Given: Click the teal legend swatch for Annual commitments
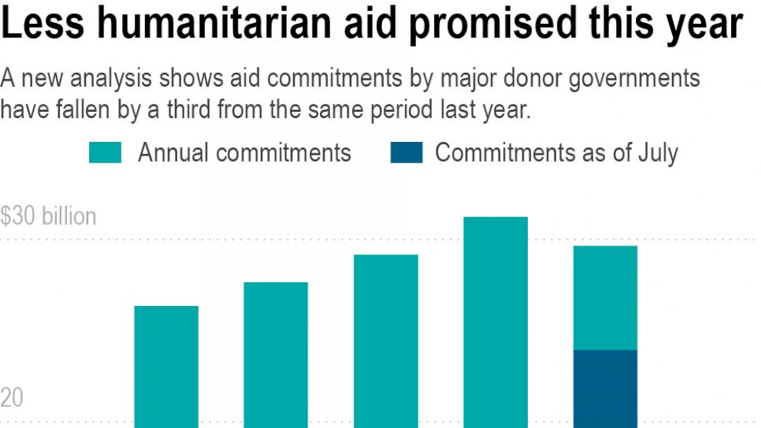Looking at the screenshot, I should pos(105,152).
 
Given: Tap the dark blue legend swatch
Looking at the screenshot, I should pos(406,152).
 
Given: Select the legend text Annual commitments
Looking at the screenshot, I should pos(244,152).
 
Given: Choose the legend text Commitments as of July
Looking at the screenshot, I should pos(556,152).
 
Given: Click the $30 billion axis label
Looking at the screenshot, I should pos(48,216).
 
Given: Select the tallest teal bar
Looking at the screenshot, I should pos(495,322).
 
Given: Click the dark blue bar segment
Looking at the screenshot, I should pos(605,388).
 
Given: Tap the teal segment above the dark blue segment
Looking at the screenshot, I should pos(605,298).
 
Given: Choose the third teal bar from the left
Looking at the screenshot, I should pos(385,341).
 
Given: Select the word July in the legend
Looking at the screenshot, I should pos(657,152).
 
